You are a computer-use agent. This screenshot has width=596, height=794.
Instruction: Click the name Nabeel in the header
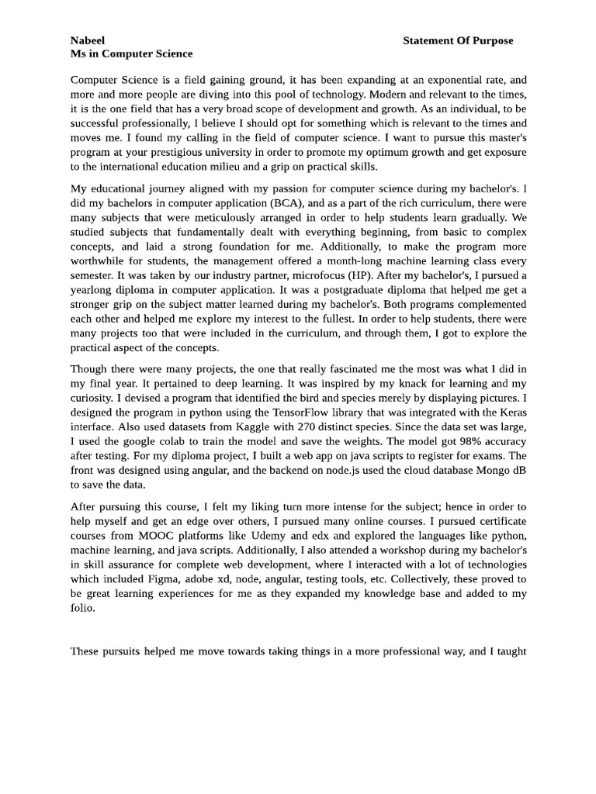coord(88,40)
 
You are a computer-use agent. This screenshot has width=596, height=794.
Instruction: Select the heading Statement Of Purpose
coord(458,40)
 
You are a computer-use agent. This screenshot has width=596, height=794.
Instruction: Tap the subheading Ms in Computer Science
coord(131,54)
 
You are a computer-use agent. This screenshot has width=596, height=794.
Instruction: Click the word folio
coord(82,608)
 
